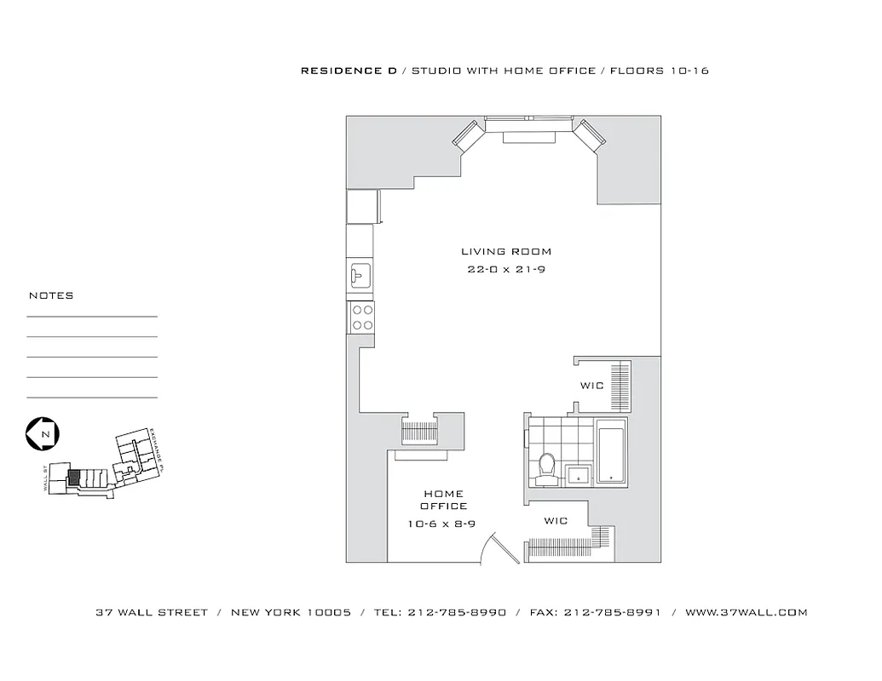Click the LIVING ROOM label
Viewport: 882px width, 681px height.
pos(506,251)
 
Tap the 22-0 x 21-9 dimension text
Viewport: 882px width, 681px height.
pos(506,270)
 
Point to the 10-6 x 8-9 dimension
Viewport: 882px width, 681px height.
pos(441,524)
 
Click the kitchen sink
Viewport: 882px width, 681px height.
pos(360,274)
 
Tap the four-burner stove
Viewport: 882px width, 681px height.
pos(362,318)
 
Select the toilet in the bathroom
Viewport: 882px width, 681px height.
pos(547,468)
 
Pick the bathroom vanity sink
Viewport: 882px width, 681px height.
pos(579,474)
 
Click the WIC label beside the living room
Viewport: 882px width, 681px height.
pos(591,386)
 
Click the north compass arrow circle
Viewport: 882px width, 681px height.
pos(42,433)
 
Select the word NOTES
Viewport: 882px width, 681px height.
pos(51,295)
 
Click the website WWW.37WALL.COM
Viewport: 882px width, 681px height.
pos(746,612)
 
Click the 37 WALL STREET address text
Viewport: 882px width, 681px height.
pos(152,612)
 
